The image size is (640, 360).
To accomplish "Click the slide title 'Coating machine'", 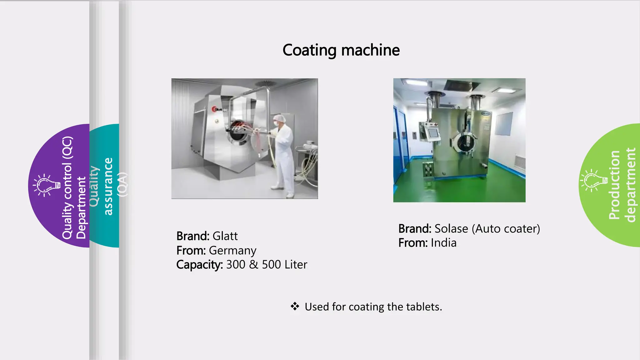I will point(341,50).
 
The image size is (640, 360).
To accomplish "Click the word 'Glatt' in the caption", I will point(225,236).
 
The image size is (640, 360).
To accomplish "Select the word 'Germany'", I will point(232,251).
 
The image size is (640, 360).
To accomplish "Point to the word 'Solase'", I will point(451,229).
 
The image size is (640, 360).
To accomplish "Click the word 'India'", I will point(443,243).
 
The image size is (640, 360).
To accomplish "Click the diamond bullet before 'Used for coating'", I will point(295,306).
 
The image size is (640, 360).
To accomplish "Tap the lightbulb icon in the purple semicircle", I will point(47,185).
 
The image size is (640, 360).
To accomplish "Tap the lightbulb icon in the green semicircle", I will point(593,180).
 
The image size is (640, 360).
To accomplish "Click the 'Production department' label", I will point(622,185).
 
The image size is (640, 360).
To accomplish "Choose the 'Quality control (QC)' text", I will point(67,187).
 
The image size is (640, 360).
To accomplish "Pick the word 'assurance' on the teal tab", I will point(108,186).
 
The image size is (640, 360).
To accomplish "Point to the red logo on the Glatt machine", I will point(215,109).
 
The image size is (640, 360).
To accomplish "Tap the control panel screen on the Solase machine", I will point(433,132).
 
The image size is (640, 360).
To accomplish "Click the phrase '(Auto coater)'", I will point(506,229).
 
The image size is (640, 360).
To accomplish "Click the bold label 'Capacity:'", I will point(199,265).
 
